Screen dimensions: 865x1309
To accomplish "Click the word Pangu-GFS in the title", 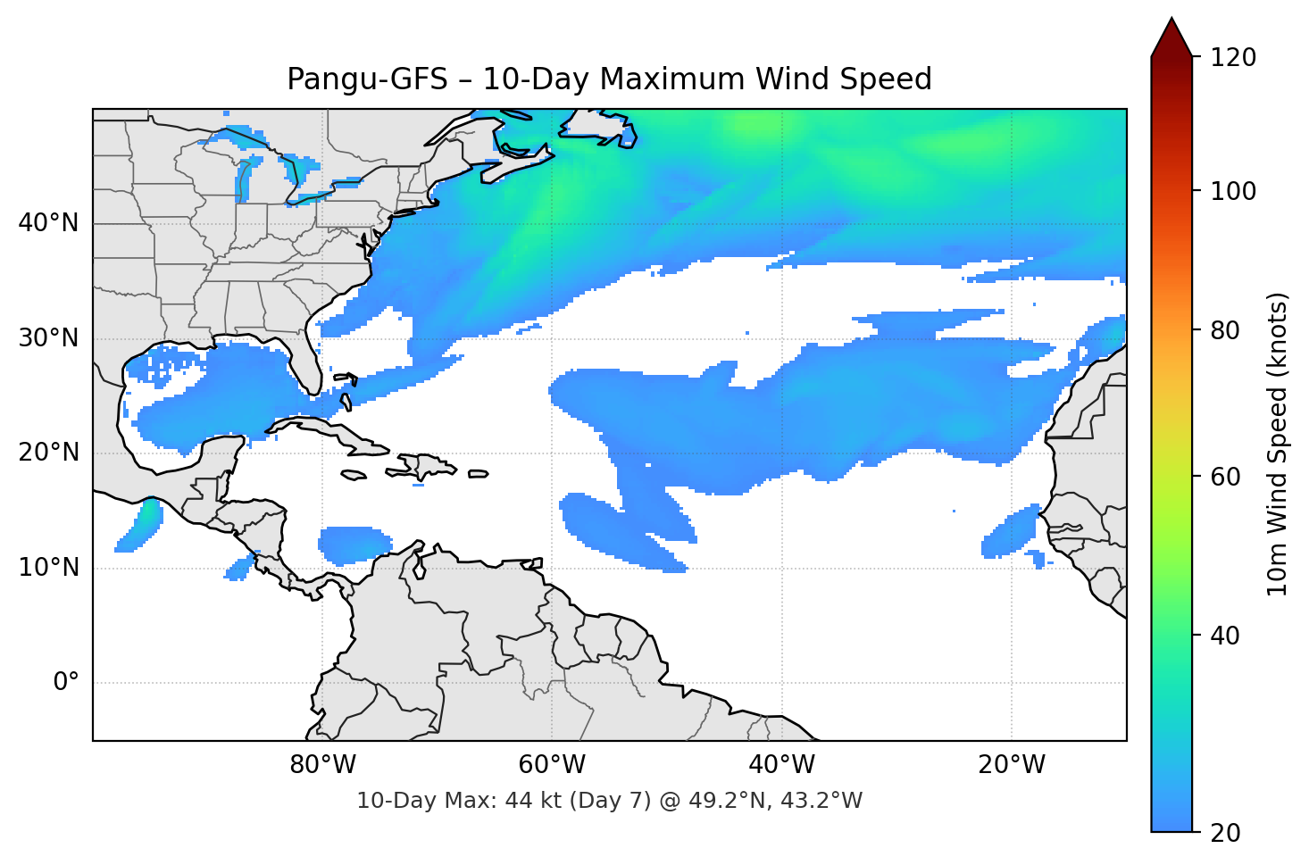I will pos(366,79).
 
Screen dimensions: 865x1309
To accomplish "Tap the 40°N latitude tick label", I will pos(48,223).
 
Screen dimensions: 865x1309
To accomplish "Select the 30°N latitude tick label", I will pos(48,338).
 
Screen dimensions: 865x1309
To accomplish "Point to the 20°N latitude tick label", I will pos(48,453).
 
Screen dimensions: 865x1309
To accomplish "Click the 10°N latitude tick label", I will pos(48,568).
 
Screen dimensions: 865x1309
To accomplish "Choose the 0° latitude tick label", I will pos(66,683).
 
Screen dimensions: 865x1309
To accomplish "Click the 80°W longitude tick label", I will pos(322,765).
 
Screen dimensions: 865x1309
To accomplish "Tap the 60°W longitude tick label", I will pos(552,765).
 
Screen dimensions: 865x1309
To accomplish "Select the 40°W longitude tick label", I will pos(781,765).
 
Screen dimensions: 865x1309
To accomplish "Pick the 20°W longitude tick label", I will pos(1011,765).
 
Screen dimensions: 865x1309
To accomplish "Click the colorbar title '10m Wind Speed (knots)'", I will pos(1278,444).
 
